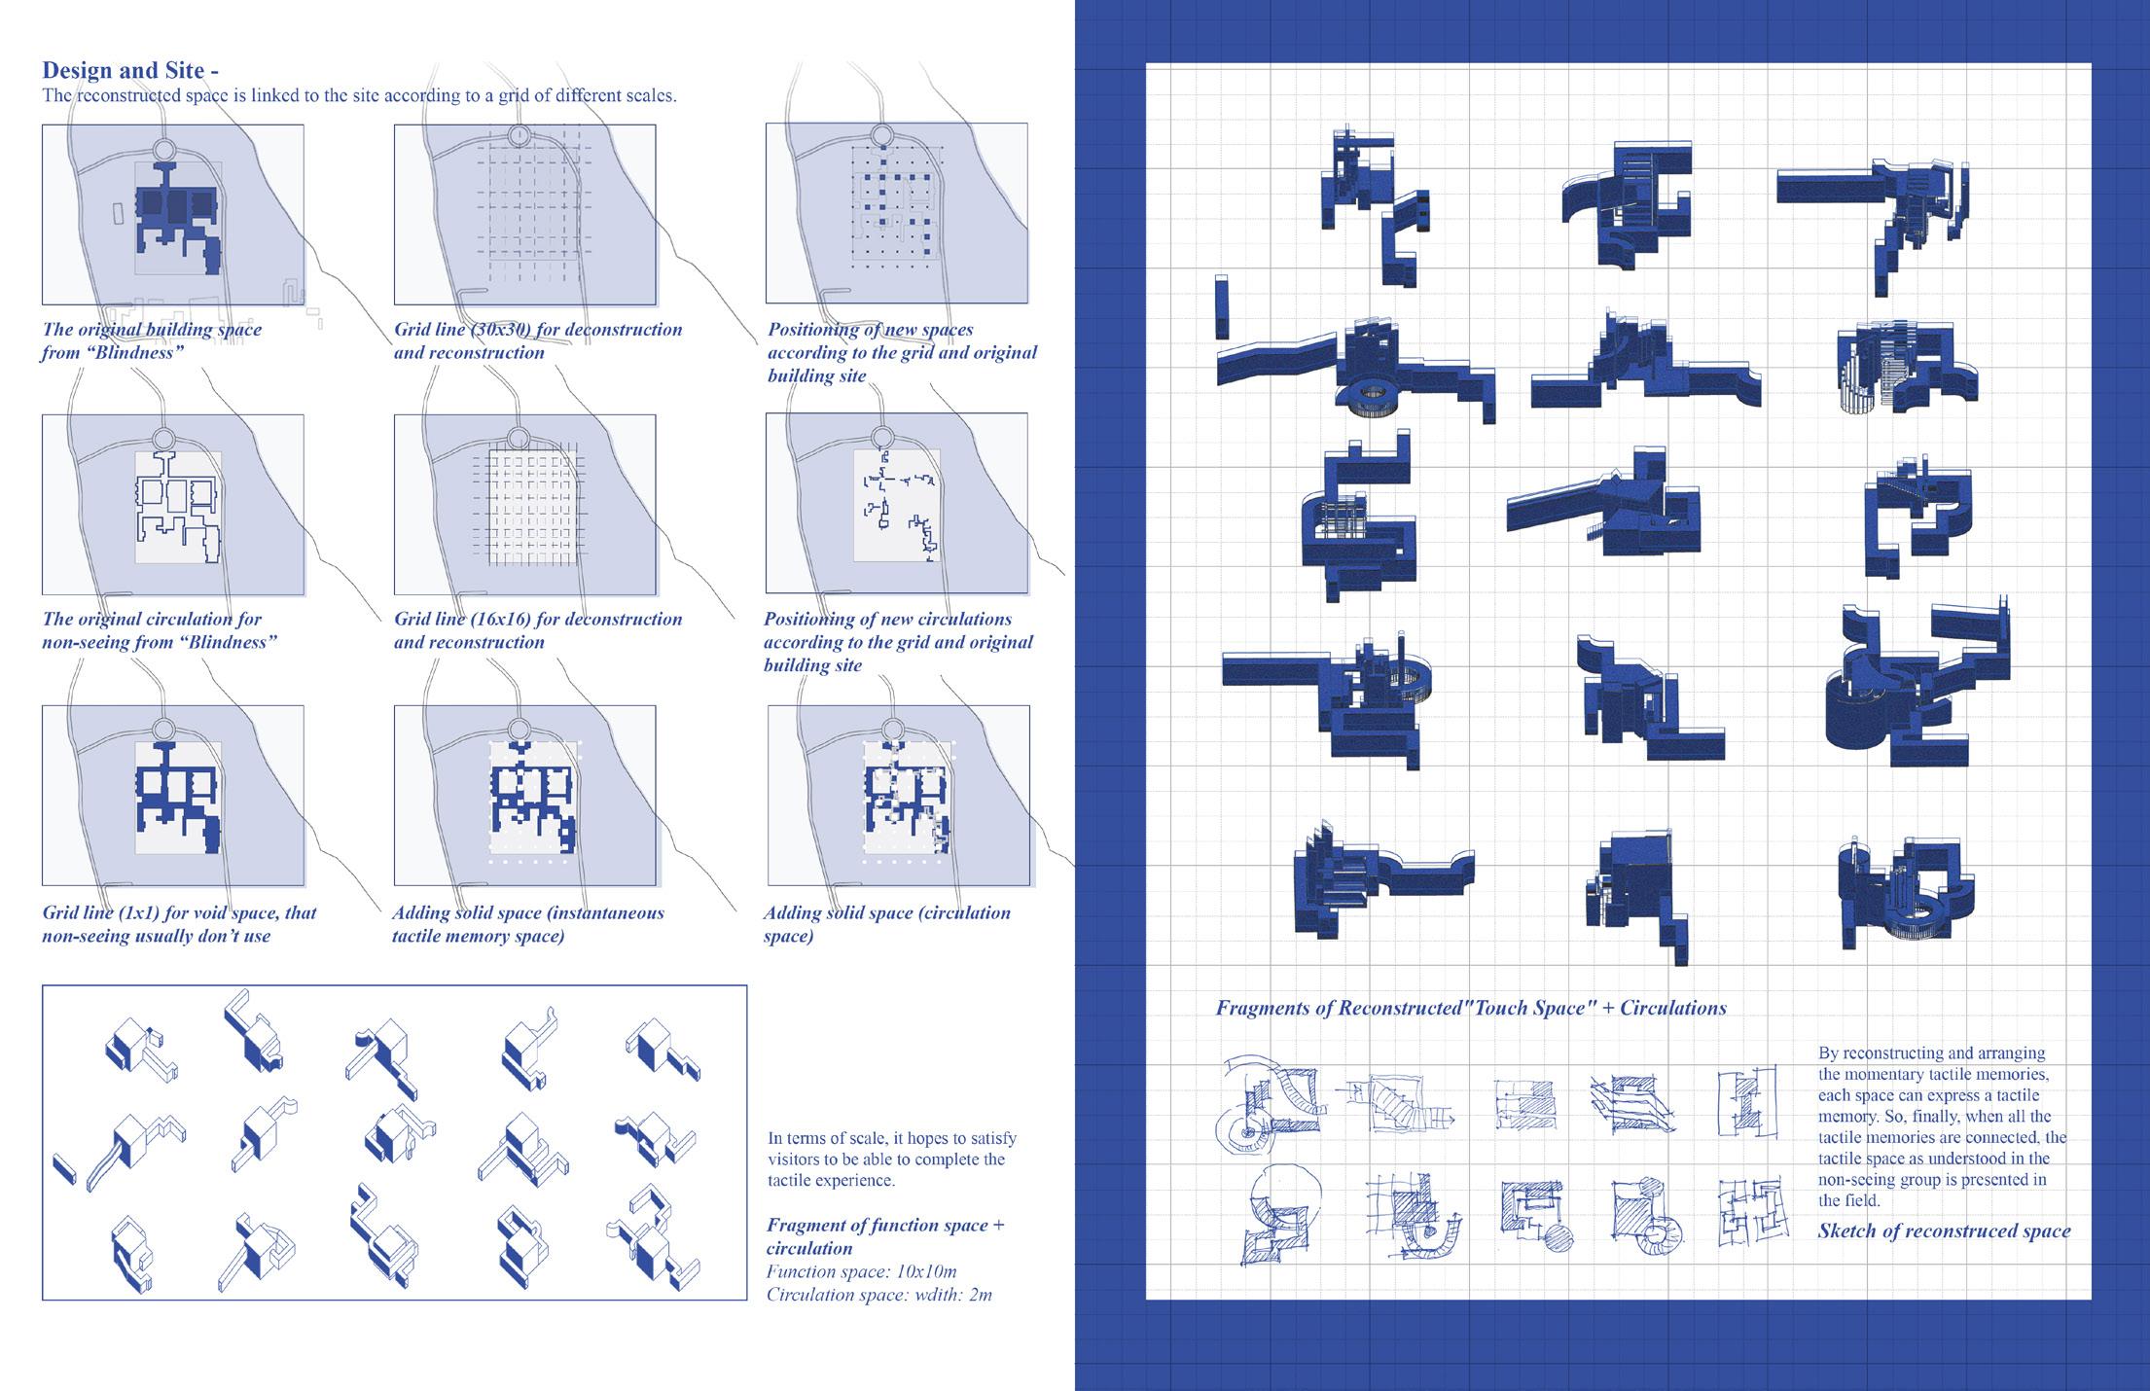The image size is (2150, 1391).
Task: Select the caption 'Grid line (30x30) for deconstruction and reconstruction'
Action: [x=538, y=340]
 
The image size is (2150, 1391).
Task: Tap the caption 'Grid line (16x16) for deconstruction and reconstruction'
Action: [x=538, y=630]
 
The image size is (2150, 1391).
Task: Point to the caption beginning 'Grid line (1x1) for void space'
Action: [x=179, y=924]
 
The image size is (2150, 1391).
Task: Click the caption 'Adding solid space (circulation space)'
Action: [x=886, y=924]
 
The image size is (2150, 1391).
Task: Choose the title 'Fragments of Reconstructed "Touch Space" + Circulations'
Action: [x=1471, y=1008]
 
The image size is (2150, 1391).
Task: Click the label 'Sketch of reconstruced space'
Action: [x=1944, y=1230]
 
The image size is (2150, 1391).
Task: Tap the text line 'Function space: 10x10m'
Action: [x=861, y=1271]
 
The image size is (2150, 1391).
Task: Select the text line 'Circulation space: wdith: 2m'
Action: [x=879, y=1295]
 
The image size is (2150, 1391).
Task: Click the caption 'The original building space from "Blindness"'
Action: [x=152, y=340]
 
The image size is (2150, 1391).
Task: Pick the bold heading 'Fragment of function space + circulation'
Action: [x=885, y=1236]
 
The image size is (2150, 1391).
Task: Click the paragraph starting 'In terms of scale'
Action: [x=892, y=1159]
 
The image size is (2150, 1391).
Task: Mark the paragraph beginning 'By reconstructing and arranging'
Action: [x=1942, y=1126]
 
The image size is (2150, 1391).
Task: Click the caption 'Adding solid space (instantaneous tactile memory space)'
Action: [x=528, y=924]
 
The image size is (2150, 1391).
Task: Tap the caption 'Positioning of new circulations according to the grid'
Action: [x=898, y=642]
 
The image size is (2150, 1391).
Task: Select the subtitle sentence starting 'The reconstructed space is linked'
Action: [x=359, y=95]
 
